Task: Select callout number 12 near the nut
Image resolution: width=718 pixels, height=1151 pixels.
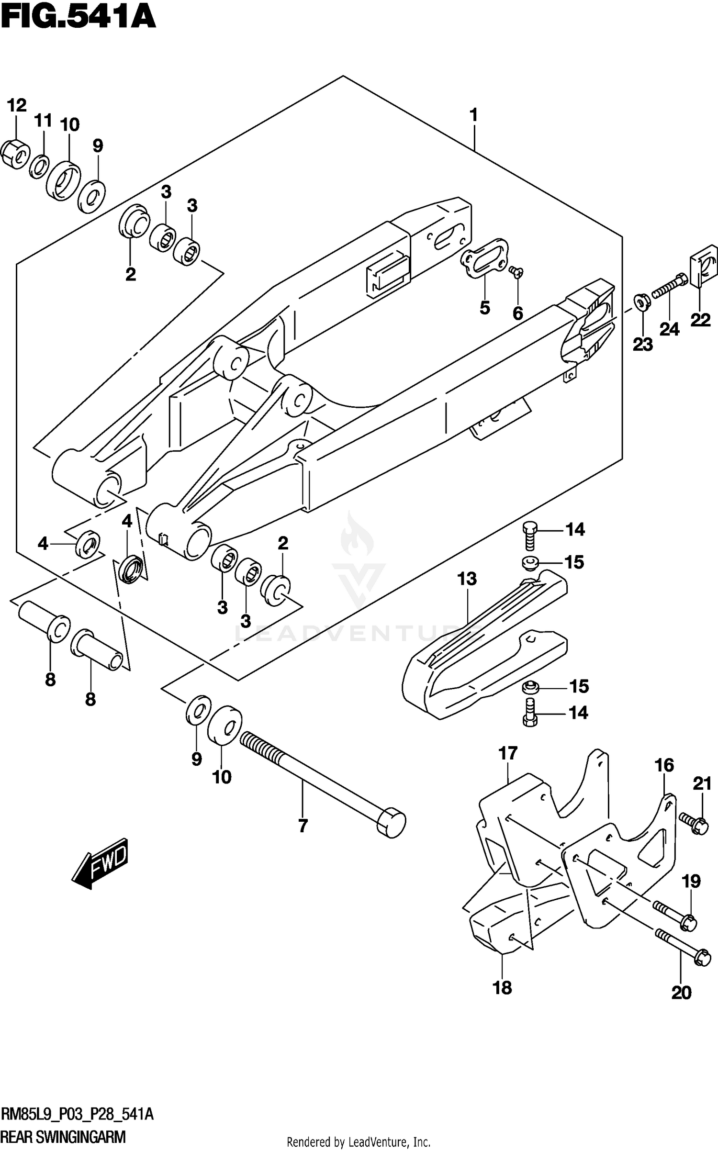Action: coord(17,105)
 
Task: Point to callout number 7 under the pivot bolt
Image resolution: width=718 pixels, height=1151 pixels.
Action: coord(303,826)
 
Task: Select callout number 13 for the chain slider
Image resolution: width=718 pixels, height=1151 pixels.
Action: coord(467,579)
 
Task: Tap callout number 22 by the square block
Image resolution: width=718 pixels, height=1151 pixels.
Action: coord(700,320)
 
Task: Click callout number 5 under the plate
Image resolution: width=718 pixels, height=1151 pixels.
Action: coord(484,308)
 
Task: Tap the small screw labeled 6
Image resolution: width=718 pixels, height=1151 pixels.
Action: coord(516,273)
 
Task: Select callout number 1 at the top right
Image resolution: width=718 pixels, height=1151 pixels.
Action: coord(473,115)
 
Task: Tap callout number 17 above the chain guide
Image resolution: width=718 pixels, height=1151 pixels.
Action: coord(508,753)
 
